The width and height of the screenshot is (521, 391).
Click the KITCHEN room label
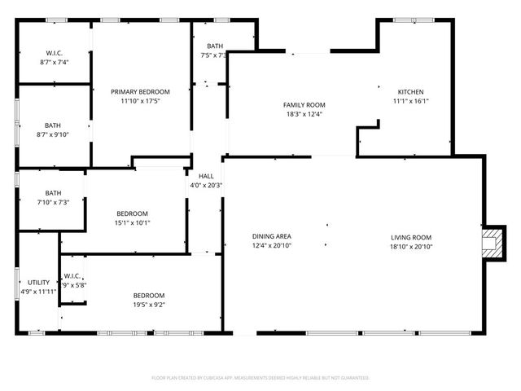tap(410, 92)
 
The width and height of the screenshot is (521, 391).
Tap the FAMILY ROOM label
tap(304, 105)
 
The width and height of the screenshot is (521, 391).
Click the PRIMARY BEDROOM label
tap(140, 92)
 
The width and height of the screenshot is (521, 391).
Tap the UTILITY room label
tap(38, 282)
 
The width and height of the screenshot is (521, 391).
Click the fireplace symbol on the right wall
tap(491, 243)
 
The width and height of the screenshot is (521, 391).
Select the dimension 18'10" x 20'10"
tap(410, 245)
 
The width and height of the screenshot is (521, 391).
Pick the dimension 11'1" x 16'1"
tap(410, 102)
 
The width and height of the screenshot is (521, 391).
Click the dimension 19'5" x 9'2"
tap(149, 305)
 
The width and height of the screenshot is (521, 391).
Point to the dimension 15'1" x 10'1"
tap(133, 222)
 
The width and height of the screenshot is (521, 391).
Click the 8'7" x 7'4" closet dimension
tap(54, 62)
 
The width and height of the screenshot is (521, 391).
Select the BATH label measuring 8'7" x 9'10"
tap(53, 125)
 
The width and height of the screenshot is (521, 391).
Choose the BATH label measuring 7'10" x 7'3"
tap(53, 193)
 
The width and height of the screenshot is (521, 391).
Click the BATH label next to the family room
tap(214, 46)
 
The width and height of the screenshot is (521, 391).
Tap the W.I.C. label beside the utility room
tap(72, 275)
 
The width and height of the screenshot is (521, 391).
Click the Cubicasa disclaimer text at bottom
tap(260, 378)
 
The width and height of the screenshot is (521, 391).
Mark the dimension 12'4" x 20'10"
tap(271, 245)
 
